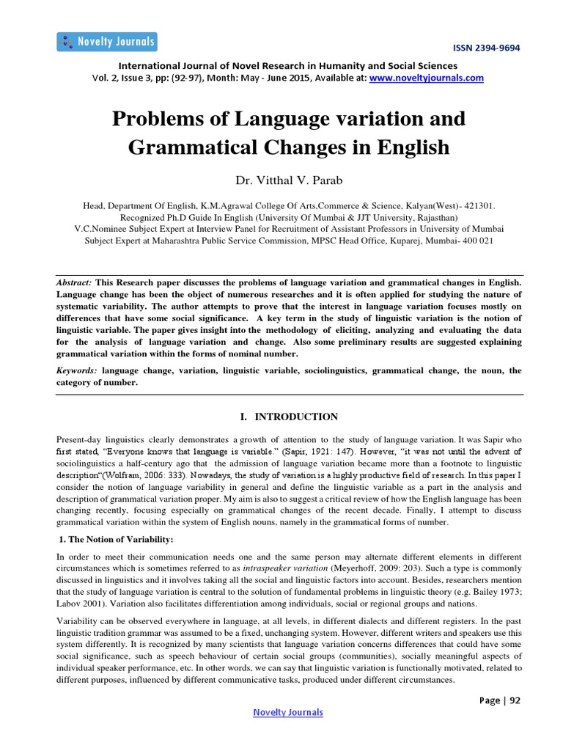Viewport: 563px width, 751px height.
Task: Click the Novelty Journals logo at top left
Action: click(x=106, y=42)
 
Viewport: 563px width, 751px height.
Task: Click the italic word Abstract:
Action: click(x=75, y=282)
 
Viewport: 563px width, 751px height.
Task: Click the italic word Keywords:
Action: click(x=78, y=371)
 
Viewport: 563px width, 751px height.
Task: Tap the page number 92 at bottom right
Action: click(x=514, y=700)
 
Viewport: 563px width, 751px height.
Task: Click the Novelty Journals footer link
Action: click(x=287, y=712)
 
